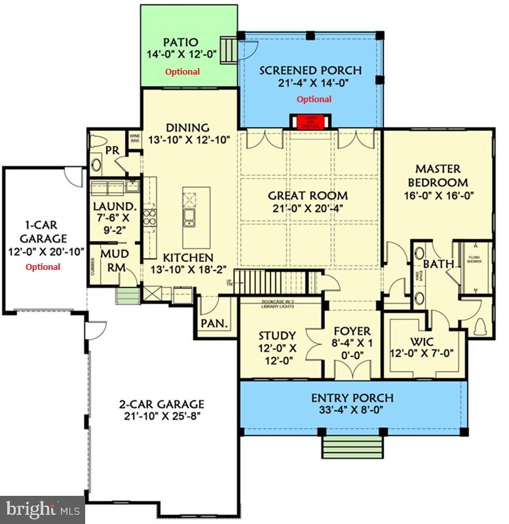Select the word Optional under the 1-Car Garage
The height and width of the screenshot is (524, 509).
[43, 267]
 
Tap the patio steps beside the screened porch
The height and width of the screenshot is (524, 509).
[229, 48]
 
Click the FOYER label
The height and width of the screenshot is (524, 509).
[352, 331]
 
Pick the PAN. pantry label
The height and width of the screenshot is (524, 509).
[214, 323]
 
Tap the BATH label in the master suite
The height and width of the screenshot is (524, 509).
[434, 264]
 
